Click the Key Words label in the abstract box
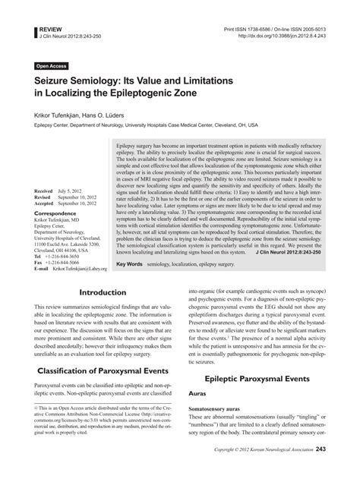coord(131,264)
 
